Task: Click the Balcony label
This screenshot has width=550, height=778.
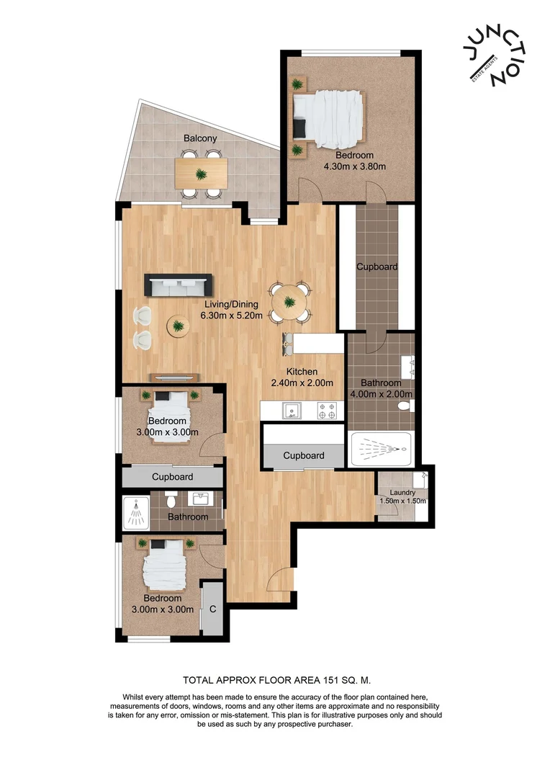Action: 200,138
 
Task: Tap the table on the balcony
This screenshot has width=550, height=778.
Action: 201,173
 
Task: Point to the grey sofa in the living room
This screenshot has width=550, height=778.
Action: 178,285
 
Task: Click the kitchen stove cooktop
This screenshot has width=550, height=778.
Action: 328,411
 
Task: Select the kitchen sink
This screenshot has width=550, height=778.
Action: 290,411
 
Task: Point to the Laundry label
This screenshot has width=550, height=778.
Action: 403,493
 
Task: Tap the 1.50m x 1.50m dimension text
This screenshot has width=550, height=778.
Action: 403,501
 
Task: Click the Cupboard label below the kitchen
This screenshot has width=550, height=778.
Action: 303,455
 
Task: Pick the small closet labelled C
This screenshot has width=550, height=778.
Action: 212,609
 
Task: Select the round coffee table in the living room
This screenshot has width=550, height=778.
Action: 178,326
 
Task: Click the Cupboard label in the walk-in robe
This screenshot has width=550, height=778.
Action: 377,267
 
